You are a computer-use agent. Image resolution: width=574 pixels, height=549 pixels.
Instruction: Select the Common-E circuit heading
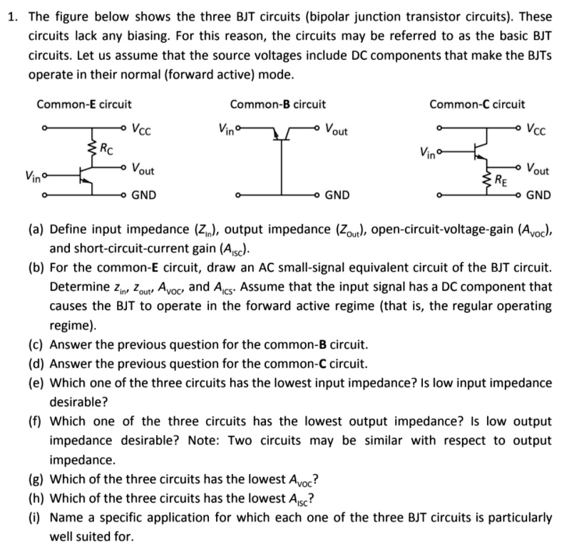(x=84, y=104)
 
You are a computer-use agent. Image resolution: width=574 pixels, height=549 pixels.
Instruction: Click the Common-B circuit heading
(x=278, y=104)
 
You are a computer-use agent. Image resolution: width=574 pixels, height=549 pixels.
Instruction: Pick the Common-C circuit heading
(x=477, y=104)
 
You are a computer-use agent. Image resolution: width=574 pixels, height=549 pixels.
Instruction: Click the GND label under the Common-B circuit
(x=337, y=195)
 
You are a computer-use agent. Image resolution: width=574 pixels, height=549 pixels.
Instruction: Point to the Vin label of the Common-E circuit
(x=33, y=174)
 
